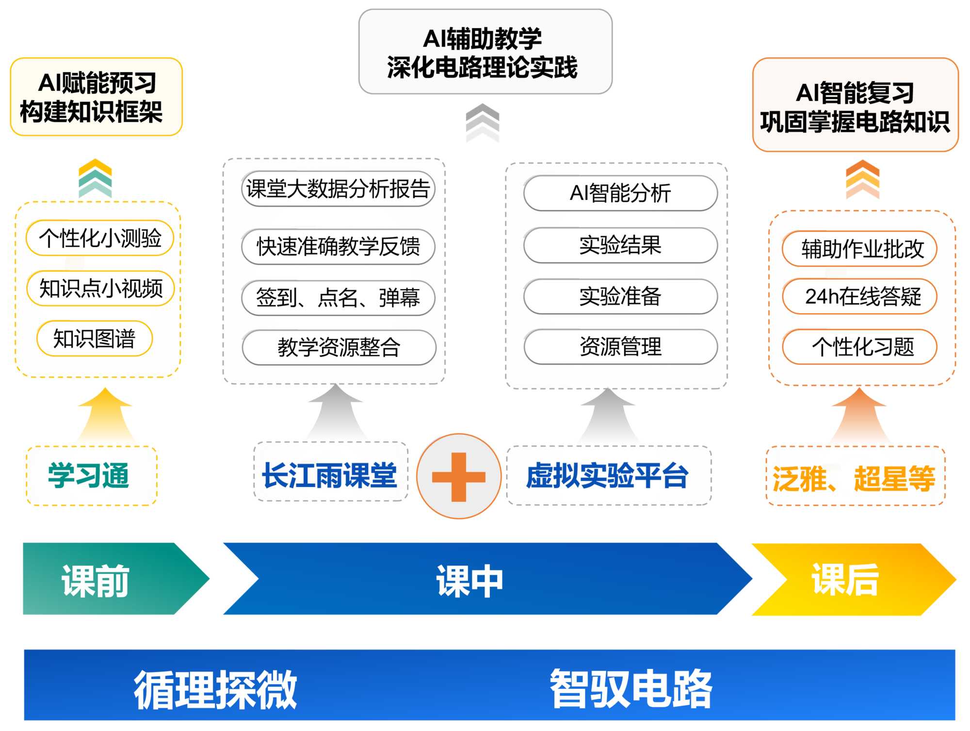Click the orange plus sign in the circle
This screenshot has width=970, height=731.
tap(458, 476)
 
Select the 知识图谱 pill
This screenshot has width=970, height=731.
tap(95, 339)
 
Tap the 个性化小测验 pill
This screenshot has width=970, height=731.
tap(100, 238)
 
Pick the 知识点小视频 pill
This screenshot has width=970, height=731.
tap(101, 289)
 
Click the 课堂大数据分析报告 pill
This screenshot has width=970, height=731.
tap(338, 189)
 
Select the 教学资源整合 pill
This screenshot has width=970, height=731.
tap(339, 347)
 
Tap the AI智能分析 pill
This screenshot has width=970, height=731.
tap(620, 193)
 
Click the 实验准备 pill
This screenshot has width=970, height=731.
tap(620, 296)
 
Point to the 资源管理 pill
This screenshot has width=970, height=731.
tap(620, 347)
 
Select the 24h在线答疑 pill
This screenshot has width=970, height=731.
tap(860, 296)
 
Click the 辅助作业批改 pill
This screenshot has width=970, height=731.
tap(860, 249)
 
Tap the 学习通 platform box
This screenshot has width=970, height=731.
tap(91, 476)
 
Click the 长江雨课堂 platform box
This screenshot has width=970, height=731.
tap(330, 475)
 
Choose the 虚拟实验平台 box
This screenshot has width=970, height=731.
tap(608, 475)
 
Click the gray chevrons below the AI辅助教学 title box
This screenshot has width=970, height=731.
tap(483, 122)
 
